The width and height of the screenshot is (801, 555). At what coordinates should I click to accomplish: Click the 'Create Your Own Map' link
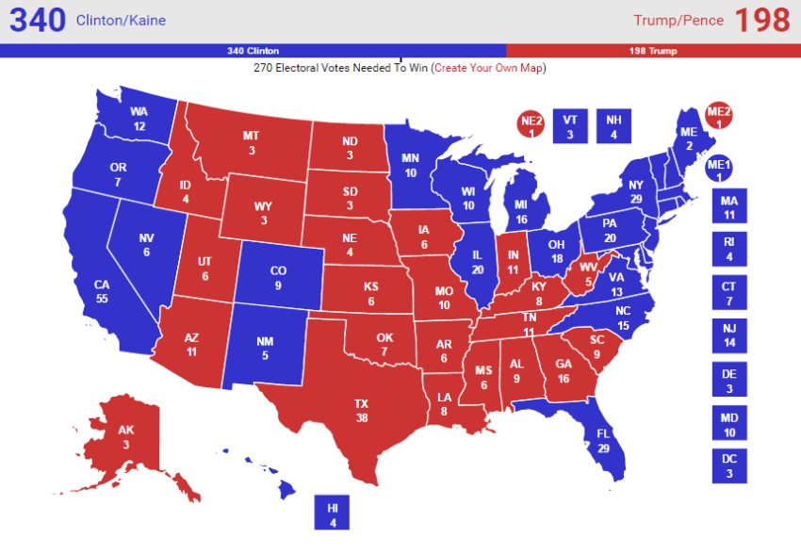click(489, 68)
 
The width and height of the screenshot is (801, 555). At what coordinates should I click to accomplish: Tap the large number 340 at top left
click(37, 20)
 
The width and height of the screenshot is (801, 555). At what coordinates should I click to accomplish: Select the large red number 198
click(761, 20)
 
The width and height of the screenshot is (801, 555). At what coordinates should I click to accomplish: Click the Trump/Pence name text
click(678, 21)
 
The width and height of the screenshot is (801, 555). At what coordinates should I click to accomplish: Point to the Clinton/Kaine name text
click(121, 21)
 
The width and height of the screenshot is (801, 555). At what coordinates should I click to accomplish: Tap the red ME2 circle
click(719, 116)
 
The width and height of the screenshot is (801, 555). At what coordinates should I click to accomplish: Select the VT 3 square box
click(569, 126)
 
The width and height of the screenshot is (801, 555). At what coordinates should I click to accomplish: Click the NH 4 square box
click(613, 126)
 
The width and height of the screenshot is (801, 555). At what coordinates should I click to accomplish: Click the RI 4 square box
click(728, 248)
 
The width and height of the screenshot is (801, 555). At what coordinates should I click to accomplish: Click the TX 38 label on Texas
click(361, 410)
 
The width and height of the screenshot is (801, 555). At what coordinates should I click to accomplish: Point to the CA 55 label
click(102, 290)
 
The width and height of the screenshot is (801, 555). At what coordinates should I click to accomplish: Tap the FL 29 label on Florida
click(603, 440)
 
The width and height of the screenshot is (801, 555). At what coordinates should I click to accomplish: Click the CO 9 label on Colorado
click(278, 277)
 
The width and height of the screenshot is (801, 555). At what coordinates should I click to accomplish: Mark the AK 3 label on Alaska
click(126, 436)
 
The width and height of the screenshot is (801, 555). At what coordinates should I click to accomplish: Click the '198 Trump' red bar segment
click(653, 51)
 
